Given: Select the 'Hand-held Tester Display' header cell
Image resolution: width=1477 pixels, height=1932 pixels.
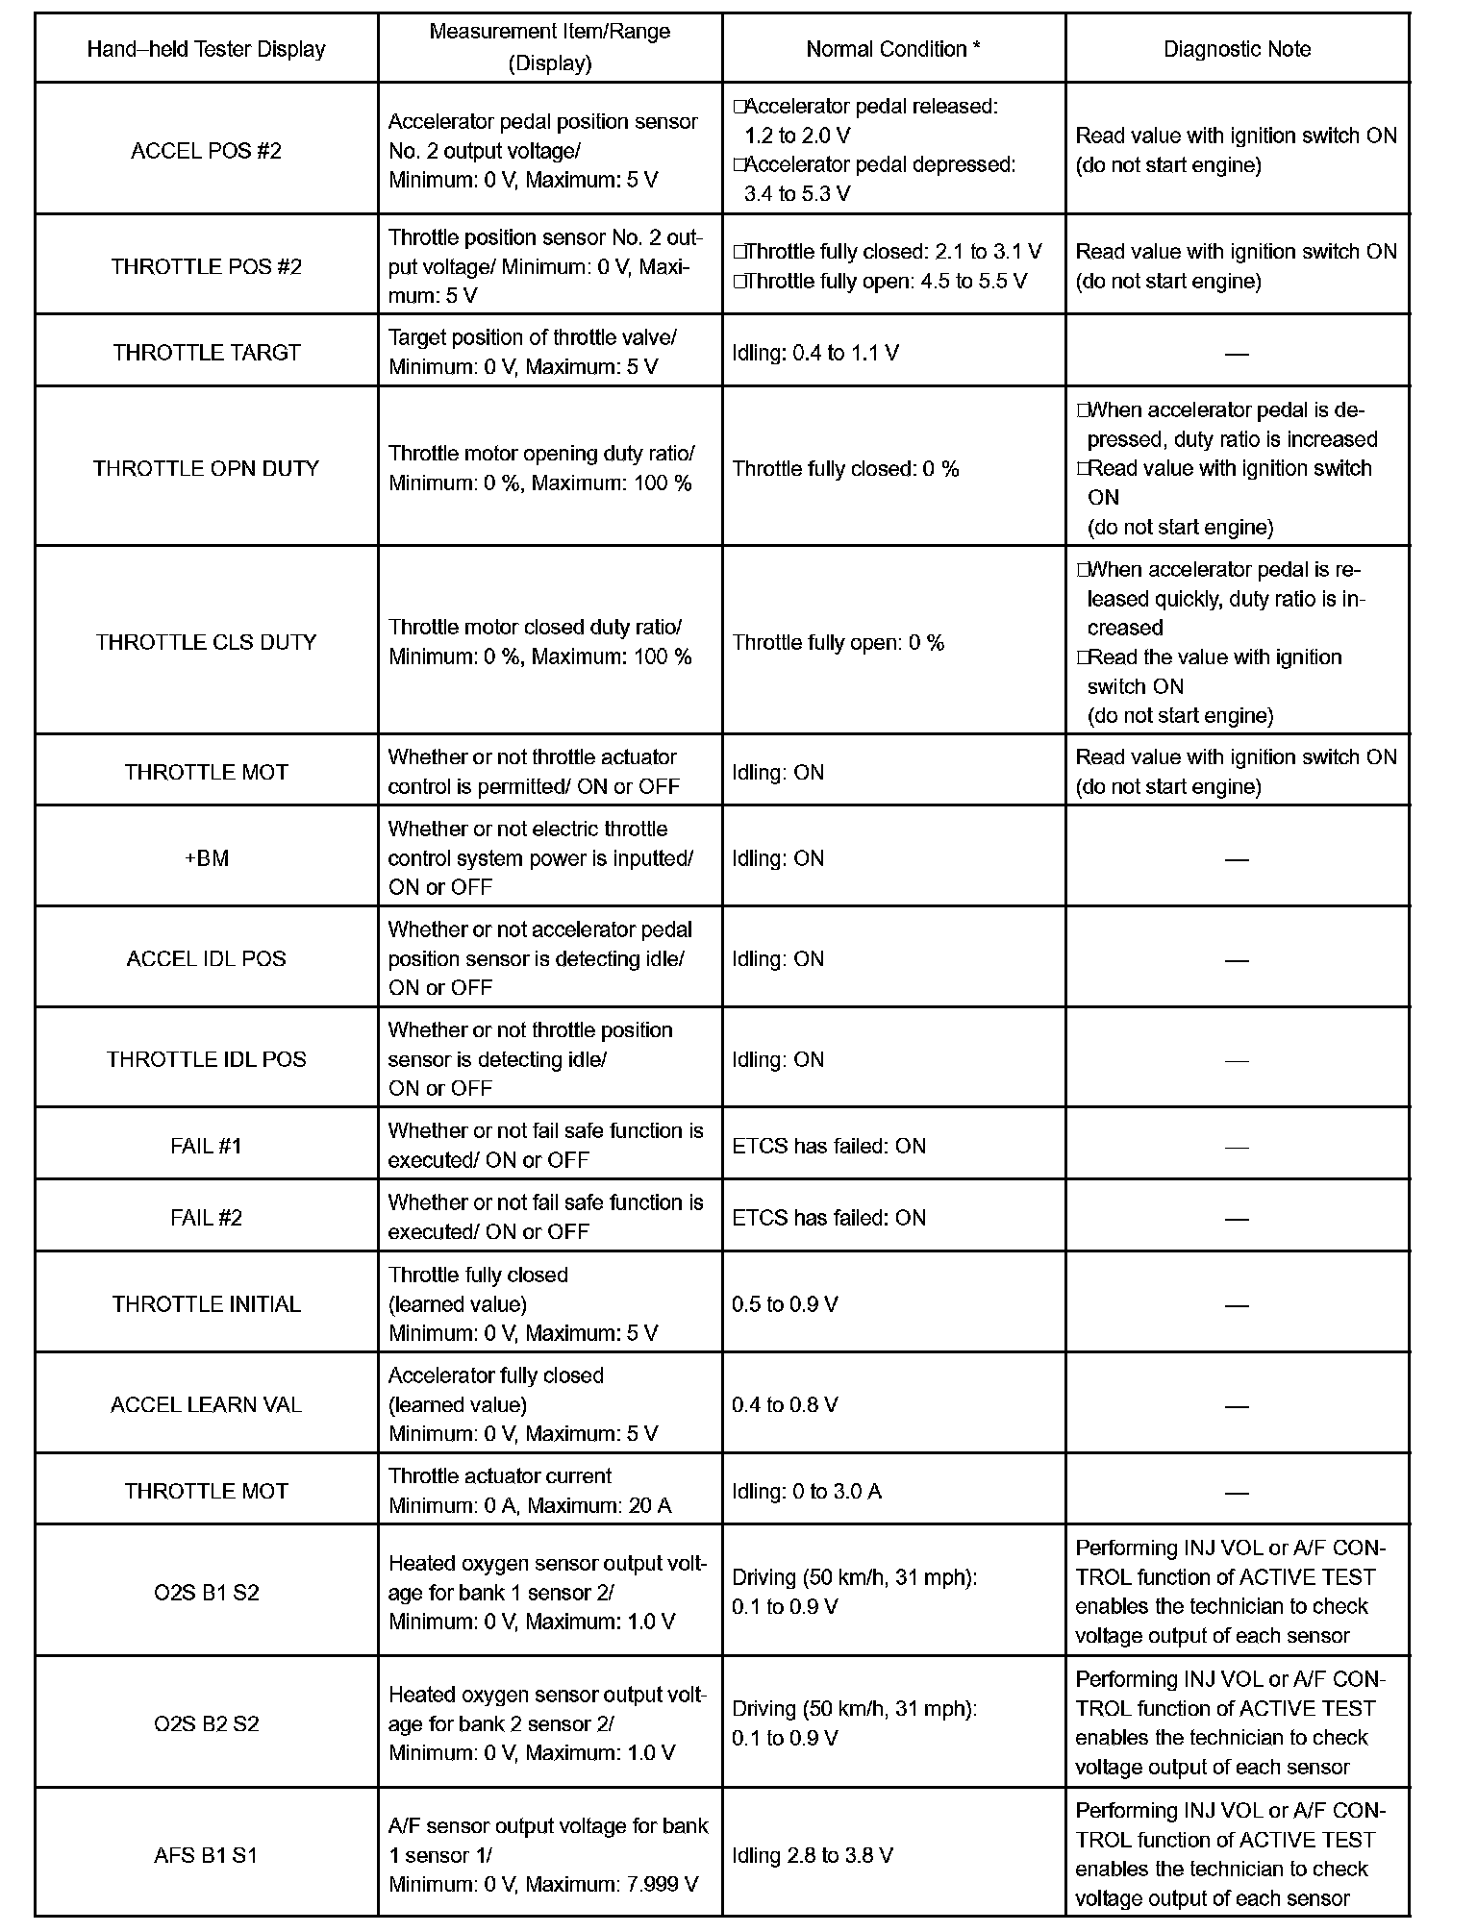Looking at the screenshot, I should tap(206, 49).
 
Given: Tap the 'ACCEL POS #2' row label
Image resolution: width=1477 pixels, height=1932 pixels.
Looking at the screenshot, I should tap(206, 151).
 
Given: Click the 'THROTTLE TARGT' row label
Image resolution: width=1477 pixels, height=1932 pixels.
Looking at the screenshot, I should tap(206, 353).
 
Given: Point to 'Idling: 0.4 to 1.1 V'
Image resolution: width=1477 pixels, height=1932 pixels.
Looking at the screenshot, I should tap(814, 353).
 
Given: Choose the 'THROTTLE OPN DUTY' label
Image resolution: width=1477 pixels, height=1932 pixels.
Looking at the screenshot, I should tap(206, 468).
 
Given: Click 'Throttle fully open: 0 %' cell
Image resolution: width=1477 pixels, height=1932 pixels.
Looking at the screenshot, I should tap(838, 642).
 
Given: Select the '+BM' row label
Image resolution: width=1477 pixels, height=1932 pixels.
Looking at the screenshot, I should tap(206, 858).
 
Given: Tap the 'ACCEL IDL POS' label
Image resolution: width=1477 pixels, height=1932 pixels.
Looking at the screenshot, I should tap(206, 958).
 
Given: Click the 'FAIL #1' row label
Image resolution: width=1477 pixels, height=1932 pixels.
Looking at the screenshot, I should tap(206, 1146).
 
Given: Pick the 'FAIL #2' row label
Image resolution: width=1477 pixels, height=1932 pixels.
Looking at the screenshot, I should tap(206, 1218).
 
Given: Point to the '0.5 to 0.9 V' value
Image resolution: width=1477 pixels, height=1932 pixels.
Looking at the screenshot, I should tap(784, 1304).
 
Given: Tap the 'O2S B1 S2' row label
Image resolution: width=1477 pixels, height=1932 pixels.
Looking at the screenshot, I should tap(206, 1593).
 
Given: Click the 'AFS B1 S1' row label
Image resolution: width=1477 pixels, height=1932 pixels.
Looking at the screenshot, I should tap(206, 1855).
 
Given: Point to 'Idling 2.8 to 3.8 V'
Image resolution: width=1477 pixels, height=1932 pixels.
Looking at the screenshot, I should tap(812, 1855).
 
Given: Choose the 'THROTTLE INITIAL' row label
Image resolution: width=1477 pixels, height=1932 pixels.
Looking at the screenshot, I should tap(206, 1304).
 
